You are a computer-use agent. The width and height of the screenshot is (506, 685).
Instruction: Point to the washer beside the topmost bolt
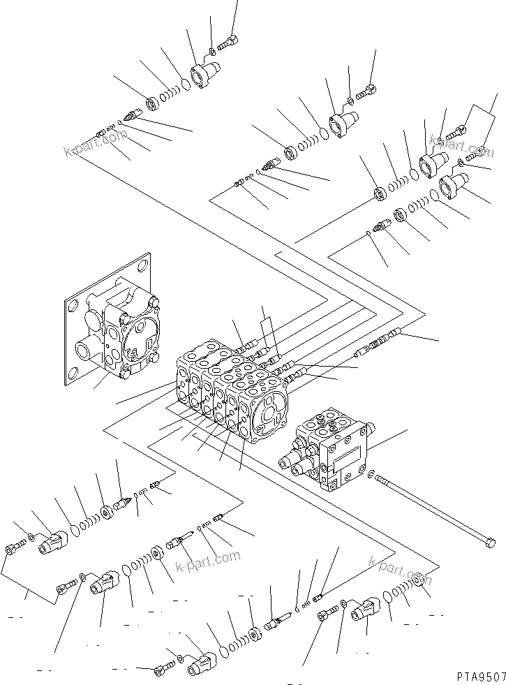click(211, 52)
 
